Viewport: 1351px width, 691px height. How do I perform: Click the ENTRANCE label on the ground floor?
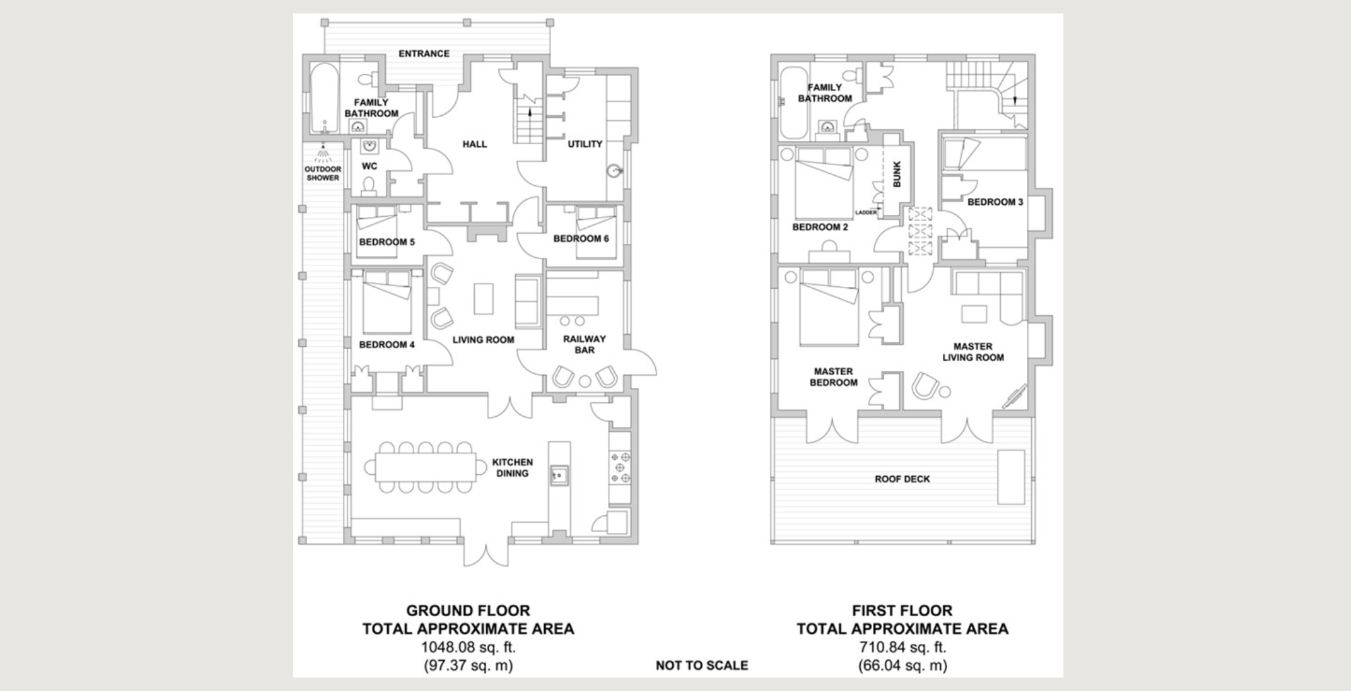424,53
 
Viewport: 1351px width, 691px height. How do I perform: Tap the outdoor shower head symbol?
323,154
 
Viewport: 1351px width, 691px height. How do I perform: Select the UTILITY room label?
585,143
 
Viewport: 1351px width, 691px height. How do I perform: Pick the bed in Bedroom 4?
387,302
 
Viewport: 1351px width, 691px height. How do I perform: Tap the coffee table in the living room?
484,299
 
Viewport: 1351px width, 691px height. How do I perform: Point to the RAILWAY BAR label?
585,344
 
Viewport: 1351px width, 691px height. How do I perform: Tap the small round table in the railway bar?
585,382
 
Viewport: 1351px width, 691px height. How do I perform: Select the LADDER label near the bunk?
865,213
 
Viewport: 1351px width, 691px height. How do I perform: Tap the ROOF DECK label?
902,479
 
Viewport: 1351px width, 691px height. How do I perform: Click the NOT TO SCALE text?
702,665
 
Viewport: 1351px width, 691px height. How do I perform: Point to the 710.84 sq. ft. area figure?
902,647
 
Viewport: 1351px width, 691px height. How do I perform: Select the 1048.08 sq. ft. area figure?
468,647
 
